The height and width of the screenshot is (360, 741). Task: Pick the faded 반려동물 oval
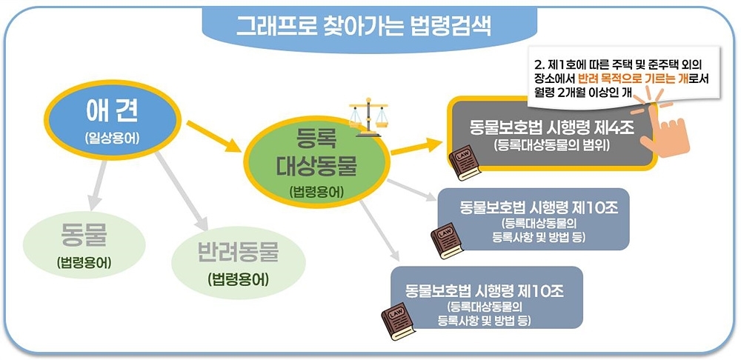click(x=238, y=263)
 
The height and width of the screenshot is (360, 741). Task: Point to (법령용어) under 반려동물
click(x=238, y=280)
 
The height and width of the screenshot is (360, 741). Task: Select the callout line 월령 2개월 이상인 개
click(x=585, y=93)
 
